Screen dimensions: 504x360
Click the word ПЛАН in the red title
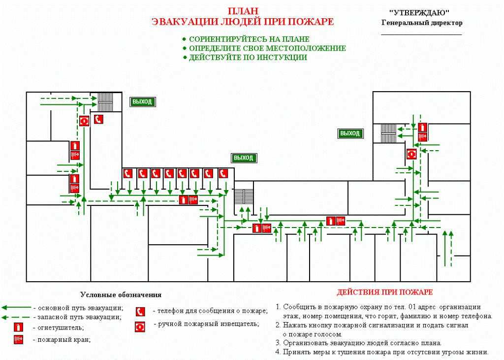[243, 11]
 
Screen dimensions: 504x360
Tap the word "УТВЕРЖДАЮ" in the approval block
[419, 13]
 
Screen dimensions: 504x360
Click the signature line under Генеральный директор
[421, 34]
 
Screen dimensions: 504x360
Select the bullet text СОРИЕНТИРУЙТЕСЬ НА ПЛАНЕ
[249, 39]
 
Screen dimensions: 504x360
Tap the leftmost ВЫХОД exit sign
[142, 102]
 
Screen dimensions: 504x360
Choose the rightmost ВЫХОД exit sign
[350, 133]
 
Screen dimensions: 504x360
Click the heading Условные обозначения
[121, 295]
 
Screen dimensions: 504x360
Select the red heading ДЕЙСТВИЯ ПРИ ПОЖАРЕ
[385, 292]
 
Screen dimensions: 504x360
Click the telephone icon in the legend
[140, 311]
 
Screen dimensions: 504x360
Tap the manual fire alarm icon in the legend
[140, 327]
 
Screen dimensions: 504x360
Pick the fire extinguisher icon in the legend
[18, 327]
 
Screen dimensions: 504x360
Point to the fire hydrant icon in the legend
[18, 339]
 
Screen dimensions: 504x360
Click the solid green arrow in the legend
[16, 308]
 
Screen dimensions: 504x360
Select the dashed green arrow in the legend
[16, 317]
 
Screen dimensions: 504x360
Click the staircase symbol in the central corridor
[244, 197]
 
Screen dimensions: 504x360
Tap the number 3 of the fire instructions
[278, 343]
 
